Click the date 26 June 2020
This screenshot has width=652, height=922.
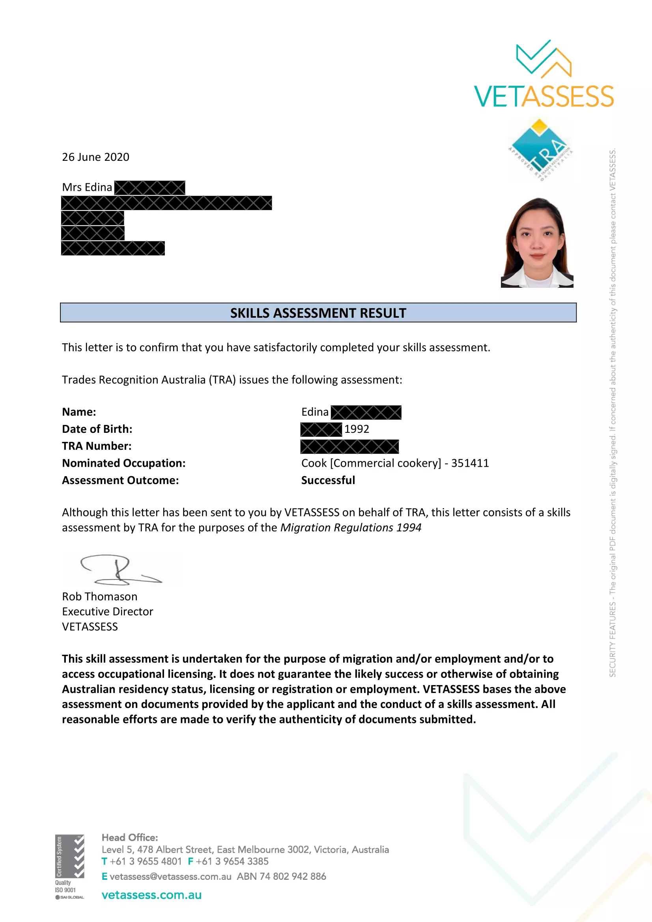pyautogui.click(x=95, y=157)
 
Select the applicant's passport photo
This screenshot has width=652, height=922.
pyautogui.click(x=537, y=242)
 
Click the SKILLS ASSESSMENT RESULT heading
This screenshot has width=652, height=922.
pyautogui.click(x=318, y=313)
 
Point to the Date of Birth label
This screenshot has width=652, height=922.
pyautogui.click(x=97, y=429)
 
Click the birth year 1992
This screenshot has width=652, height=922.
pyautogui.click(x=356, y=429)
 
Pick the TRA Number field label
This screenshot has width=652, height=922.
pyautogui.click(x=96, y=446)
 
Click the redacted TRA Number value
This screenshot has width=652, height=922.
pyautogui.click(x=349, y=447)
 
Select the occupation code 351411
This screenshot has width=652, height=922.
pyautogui.click(x=470, y=463)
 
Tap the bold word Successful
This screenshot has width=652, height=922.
pyautogui.click(x=328, y=480)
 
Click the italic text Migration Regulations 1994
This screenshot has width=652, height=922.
pyautogui.click(x=351, y=527)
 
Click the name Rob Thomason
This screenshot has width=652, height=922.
pyautogui.click(x=100, y=596)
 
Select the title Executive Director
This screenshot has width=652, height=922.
pyautogui.click(x=107, y=612)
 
